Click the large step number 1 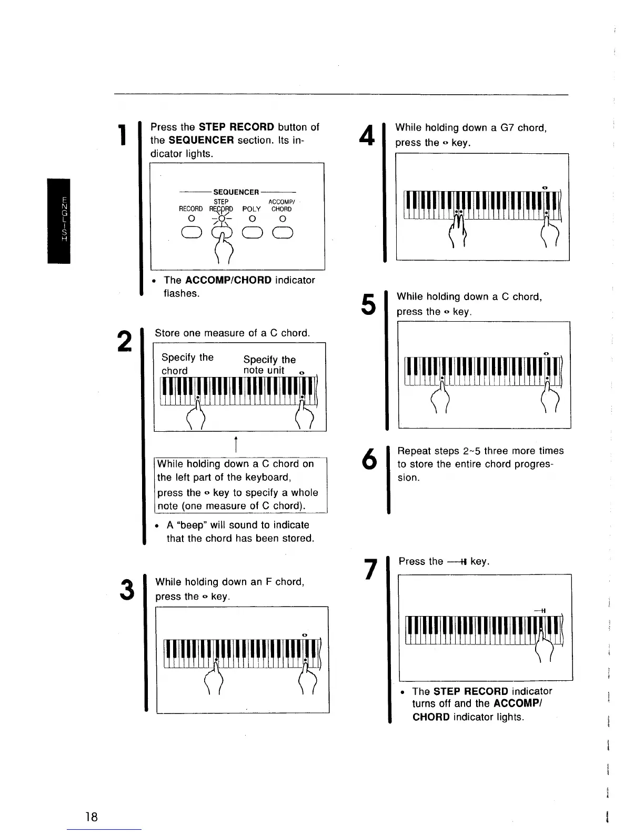coord(123,135)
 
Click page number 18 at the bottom coord(92,817)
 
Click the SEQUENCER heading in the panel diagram coord(236,192)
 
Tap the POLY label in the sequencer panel coord(251,209)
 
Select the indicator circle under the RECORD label coord(192,219)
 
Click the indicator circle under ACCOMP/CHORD coord(283,219)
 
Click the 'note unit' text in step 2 coord(264,370)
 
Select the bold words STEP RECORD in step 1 coord(236,127)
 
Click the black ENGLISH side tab coord(58,221)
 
